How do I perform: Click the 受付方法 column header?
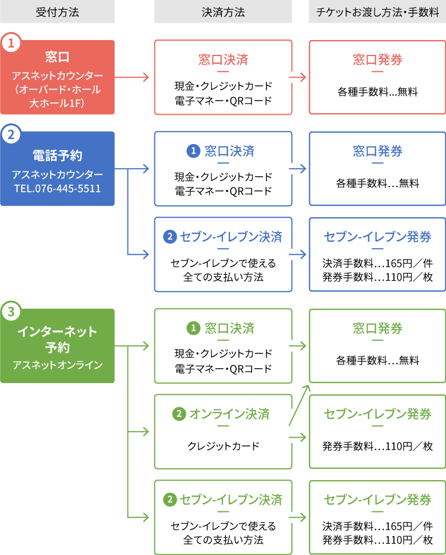[x=57, y=12]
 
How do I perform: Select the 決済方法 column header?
[x=223, y=12]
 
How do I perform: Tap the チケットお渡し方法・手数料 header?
[x=377, y=12]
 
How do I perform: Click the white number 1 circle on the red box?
[x=11, y=43]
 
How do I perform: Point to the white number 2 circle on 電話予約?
[x=11, y=135]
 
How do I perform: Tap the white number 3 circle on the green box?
[x=11, y=312]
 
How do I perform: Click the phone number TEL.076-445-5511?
[x=57, y=188]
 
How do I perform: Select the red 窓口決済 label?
[x=223, y=59]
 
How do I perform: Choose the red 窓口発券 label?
[x=377, y=59]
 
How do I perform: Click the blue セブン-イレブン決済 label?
[x=230, y=237]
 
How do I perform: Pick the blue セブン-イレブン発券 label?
[x=377, y=237]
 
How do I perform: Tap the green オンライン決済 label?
[x=229, y=414]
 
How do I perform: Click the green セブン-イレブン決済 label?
[x=230, y=500]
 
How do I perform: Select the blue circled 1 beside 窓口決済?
[x=193, y=151]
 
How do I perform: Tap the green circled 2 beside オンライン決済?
[x=179, y=414]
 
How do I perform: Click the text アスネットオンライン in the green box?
[x=57, y=365]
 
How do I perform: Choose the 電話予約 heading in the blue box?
[x=57, y=155]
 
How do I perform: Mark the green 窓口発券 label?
[x=377, y=328]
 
